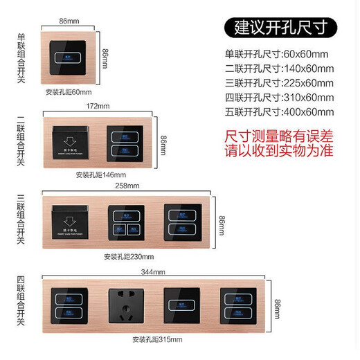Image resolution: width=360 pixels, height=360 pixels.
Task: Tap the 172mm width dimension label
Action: pos(98,106)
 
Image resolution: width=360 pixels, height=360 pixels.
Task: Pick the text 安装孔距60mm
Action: pos(69,92)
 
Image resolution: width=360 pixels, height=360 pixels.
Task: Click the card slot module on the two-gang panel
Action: pos(72,143)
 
